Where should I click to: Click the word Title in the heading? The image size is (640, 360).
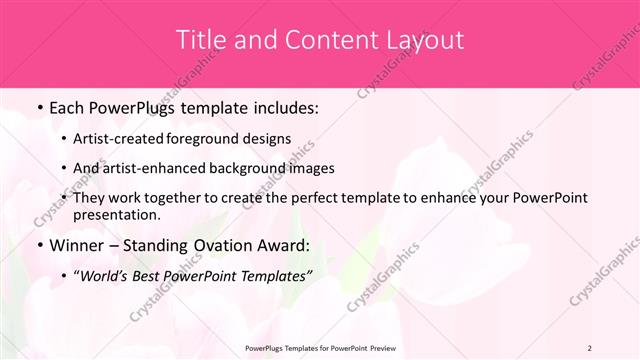point(199,41)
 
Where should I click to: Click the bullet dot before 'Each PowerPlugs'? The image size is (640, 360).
point(38,107)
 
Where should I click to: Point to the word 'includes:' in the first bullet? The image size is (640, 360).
point(282,107)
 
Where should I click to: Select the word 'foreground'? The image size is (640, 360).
point(218,138)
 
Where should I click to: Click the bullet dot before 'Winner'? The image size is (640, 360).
point(38,246)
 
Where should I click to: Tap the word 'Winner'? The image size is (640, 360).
point(79,246)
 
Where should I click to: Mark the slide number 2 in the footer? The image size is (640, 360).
point(590,347)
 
